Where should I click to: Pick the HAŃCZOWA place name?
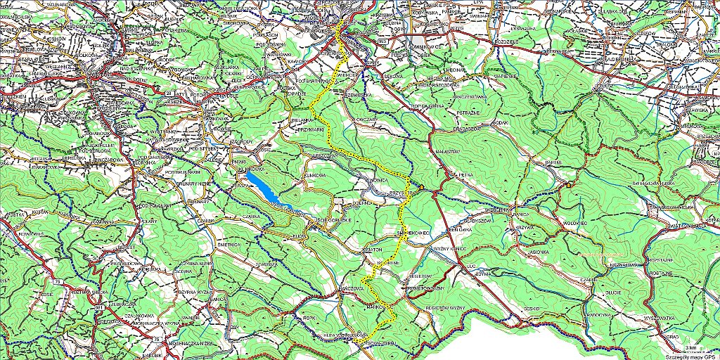coord(352,288)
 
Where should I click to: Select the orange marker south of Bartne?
coord(566,184)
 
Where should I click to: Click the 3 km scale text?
coord(693,347)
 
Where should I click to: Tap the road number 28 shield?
coord(169,93)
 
